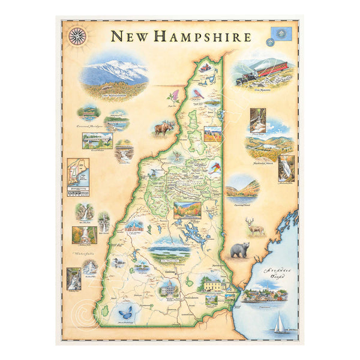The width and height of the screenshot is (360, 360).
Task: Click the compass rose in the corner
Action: (x=77, y=36)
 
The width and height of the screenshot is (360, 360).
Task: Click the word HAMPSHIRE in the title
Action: (x=202, y=37)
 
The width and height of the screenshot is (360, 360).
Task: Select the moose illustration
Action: (x=163, y=127)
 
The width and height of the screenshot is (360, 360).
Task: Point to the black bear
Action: (x=240, y=250)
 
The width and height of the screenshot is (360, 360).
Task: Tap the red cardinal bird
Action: (x=197, y=93)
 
